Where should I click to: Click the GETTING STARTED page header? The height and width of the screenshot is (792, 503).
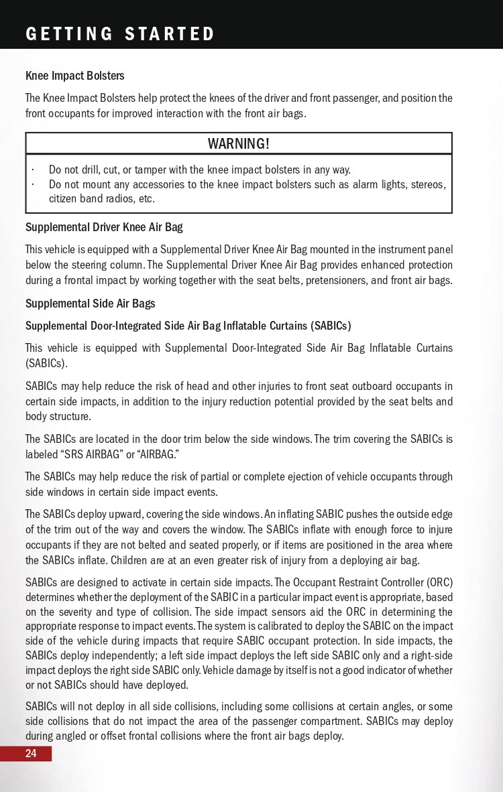coord(120,34)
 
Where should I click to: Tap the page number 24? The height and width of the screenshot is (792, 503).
coord(31,754)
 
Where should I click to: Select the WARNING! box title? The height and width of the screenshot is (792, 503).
coord(239,143)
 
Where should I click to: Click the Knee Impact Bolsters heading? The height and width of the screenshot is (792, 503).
coord(74,76)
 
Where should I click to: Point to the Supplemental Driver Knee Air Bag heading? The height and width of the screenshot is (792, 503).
coord(104,227)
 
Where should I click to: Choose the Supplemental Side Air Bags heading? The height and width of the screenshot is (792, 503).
coord(90,304)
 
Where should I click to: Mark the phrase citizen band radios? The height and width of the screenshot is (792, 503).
coord(92,198)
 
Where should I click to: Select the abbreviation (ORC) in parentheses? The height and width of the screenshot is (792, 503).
coord(435,582)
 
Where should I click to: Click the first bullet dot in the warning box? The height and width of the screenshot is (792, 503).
coord(33,170)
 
